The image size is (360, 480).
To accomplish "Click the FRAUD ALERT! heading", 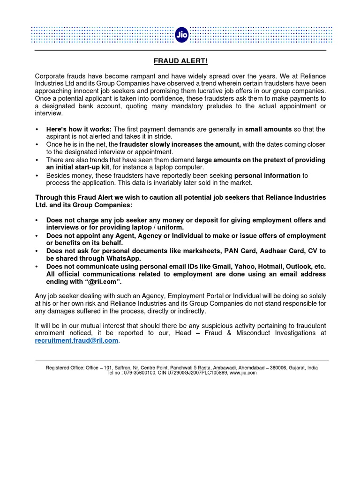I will (180, 61).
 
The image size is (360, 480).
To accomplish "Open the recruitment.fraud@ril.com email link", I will (77, 341).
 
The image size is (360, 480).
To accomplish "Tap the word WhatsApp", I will (124, 258).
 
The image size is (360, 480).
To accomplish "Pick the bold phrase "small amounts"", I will (268, 129).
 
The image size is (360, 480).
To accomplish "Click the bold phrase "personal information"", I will (267, 175).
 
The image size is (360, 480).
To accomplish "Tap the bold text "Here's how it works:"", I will (79, 129).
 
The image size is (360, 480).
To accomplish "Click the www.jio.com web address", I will (243, 373).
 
